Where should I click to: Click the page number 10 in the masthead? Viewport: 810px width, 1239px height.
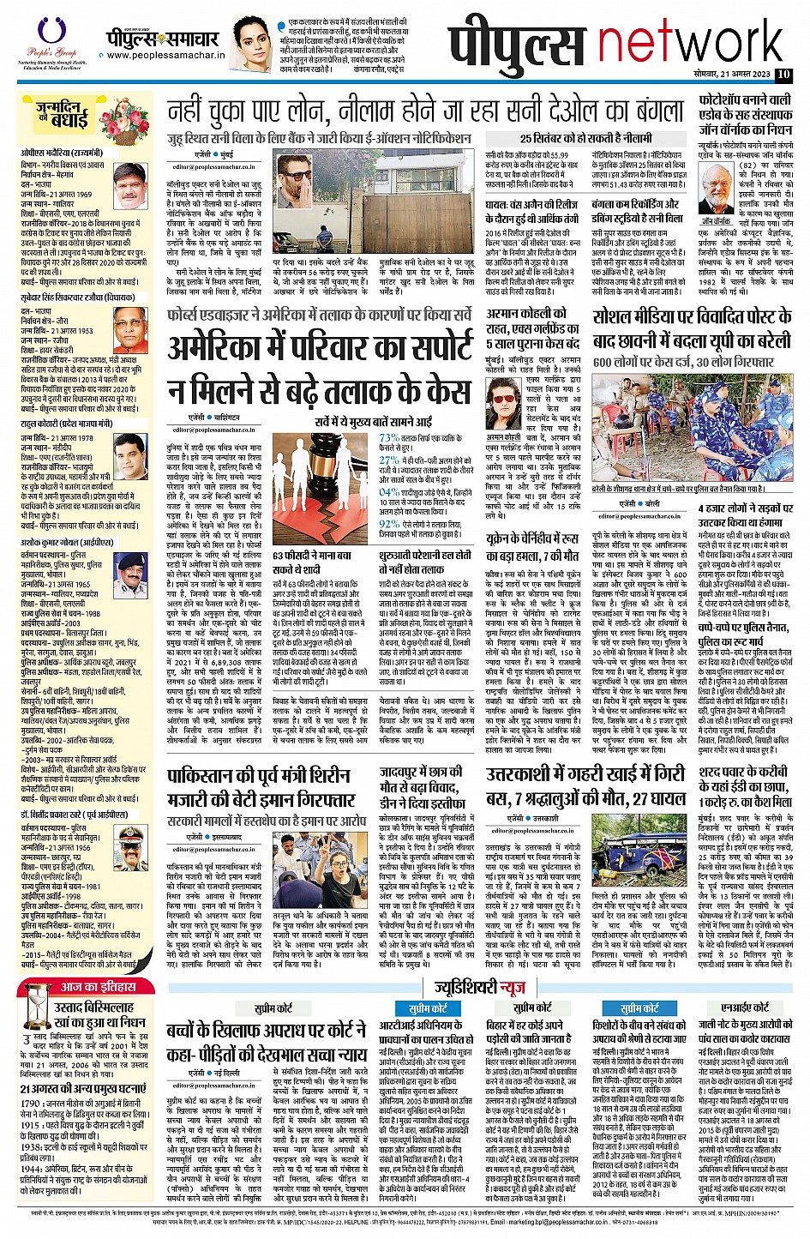[783, 75]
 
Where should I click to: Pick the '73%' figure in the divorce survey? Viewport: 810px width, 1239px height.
[388, 437]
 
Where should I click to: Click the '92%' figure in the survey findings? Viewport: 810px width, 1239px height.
[388, 523]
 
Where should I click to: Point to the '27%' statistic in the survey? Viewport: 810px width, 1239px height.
[388, 460]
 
